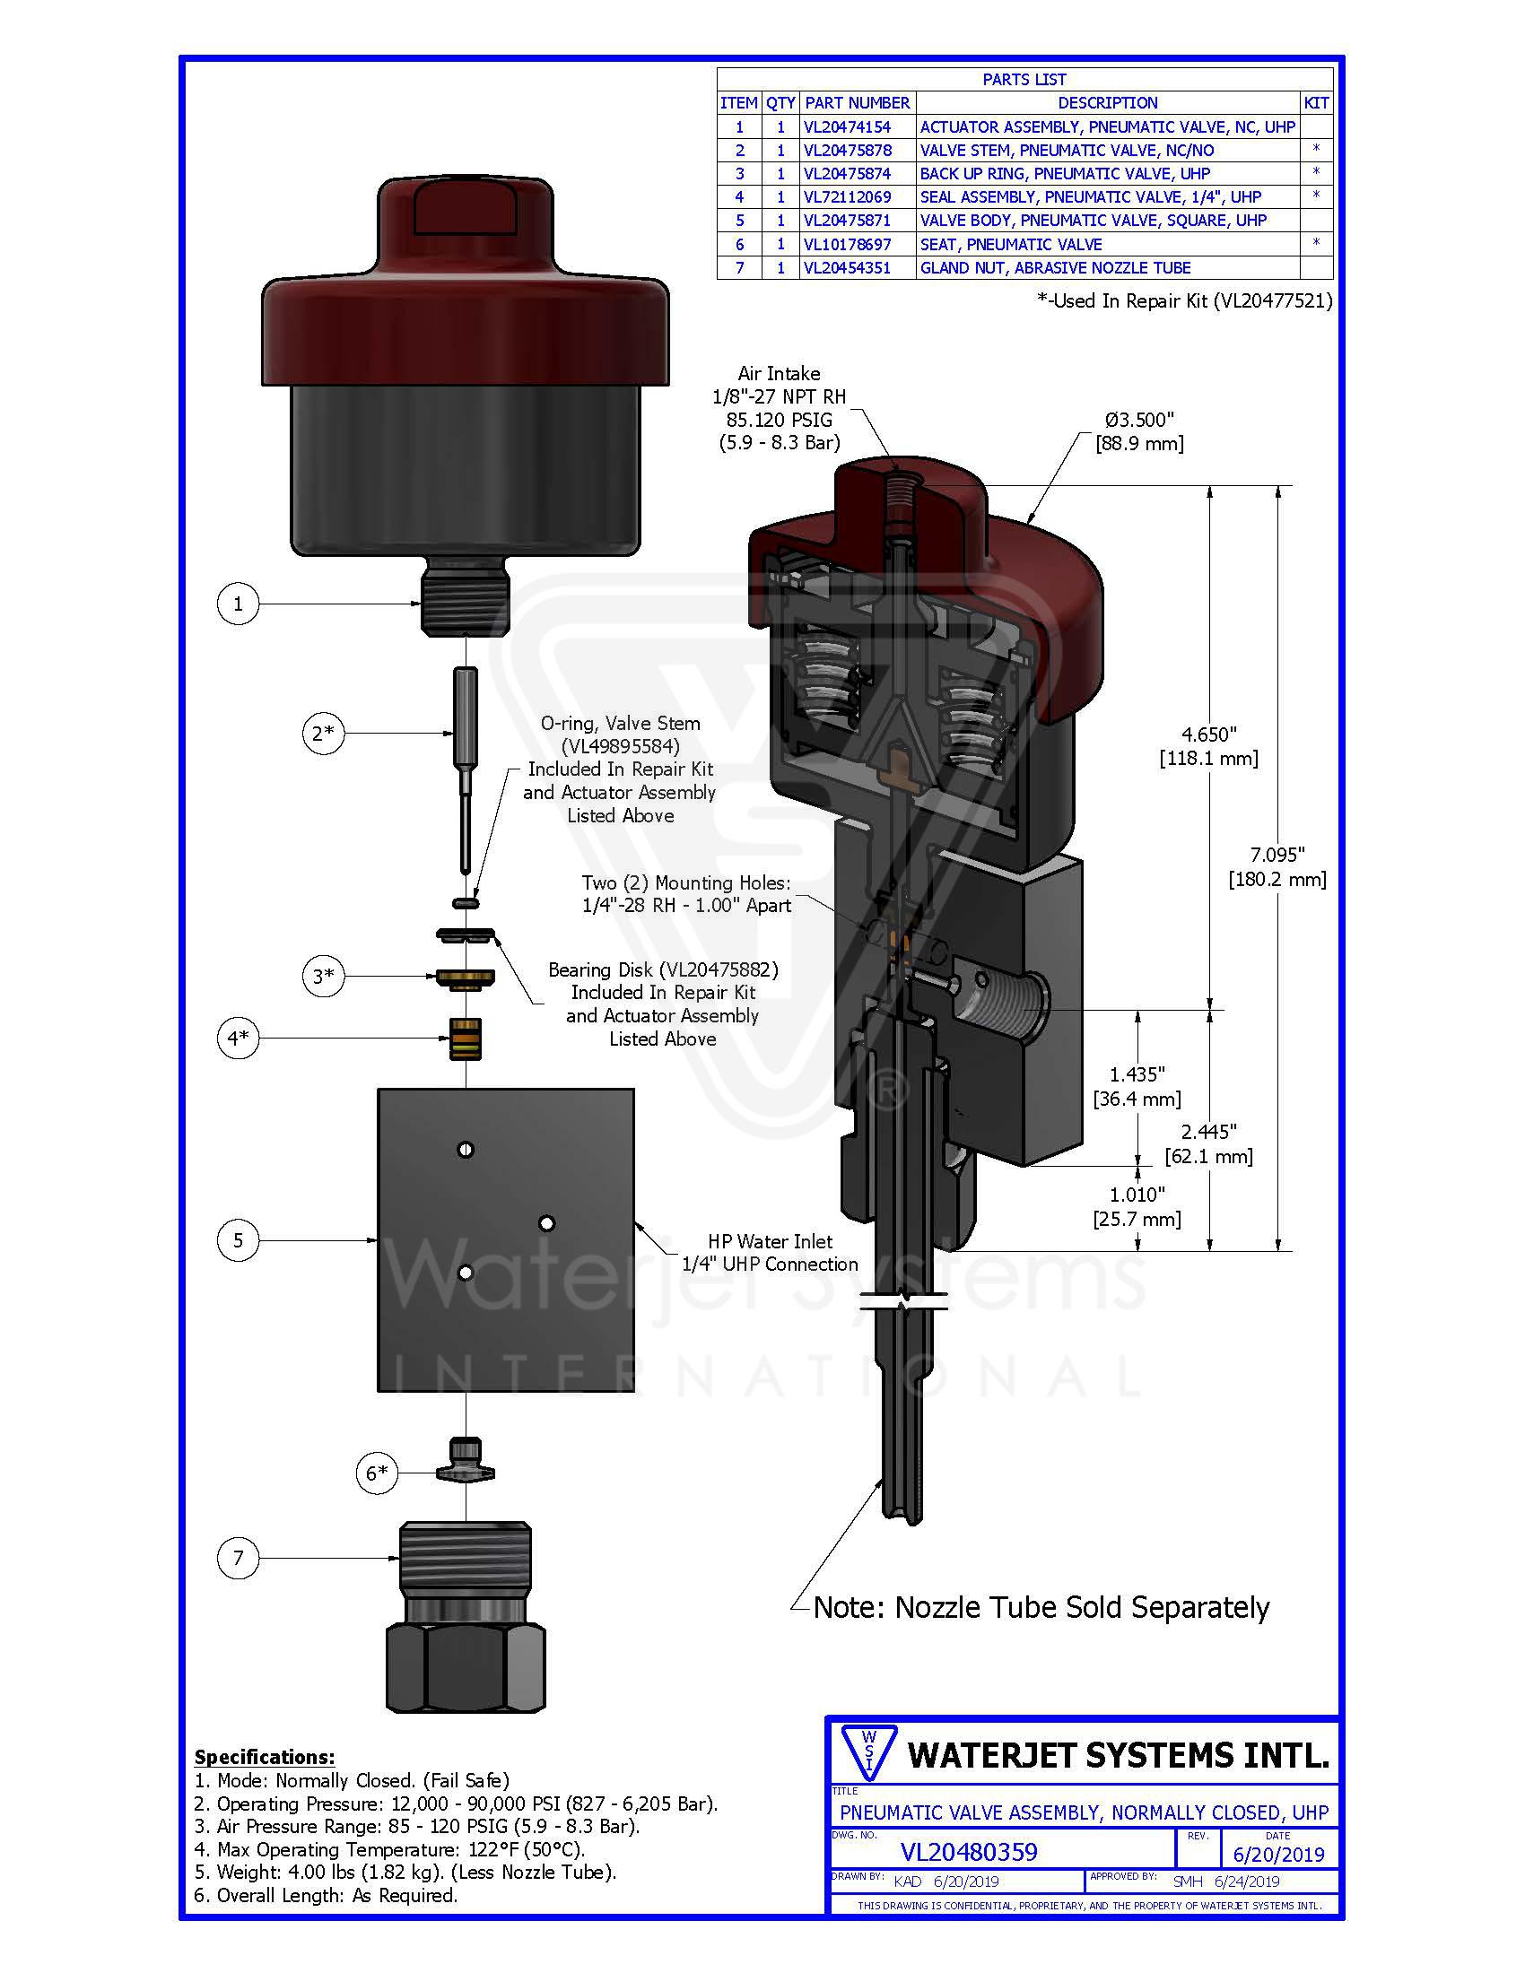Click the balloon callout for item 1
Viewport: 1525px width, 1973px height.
click(238, 604)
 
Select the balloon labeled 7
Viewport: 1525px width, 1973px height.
click(238, 1558)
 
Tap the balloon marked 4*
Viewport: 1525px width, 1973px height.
click(238, 1038)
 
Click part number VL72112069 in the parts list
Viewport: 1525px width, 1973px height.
click(847, 197)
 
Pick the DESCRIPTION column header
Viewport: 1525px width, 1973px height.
click(1107, 103)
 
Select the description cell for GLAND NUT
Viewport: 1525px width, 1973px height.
click(1054, 268)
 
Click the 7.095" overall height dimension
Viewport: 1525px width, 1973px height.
click(1277, 855)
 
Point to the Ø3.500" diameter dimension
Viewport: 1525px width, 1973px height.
click(1138, 420)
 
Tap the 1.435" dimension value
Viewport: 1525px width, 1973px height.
click(1137, 1074)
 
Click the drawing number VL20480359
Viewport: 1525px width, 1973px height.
click(969, 1852)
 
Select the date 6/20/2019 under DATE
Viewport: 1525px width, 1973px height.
click(1277, 1855)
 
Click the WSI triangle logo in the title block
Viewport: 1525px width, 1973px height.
click(867, 1754)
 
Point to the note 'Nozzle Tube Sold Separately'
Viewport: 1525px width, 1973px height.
click(1041, 1607)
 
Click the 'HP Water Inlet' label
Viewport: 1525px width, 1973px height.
click(770, 1241)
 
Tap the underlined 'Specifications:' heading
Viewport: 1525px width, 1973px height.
click(264, 1757)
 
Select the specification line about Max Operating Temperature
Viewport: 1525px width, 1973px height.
click(389, 1849)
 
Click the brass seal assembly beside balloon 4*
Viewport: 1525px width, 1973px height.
click(466, 1039)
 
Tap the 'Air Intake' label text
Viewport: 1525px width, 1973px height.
click(779, 373)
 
